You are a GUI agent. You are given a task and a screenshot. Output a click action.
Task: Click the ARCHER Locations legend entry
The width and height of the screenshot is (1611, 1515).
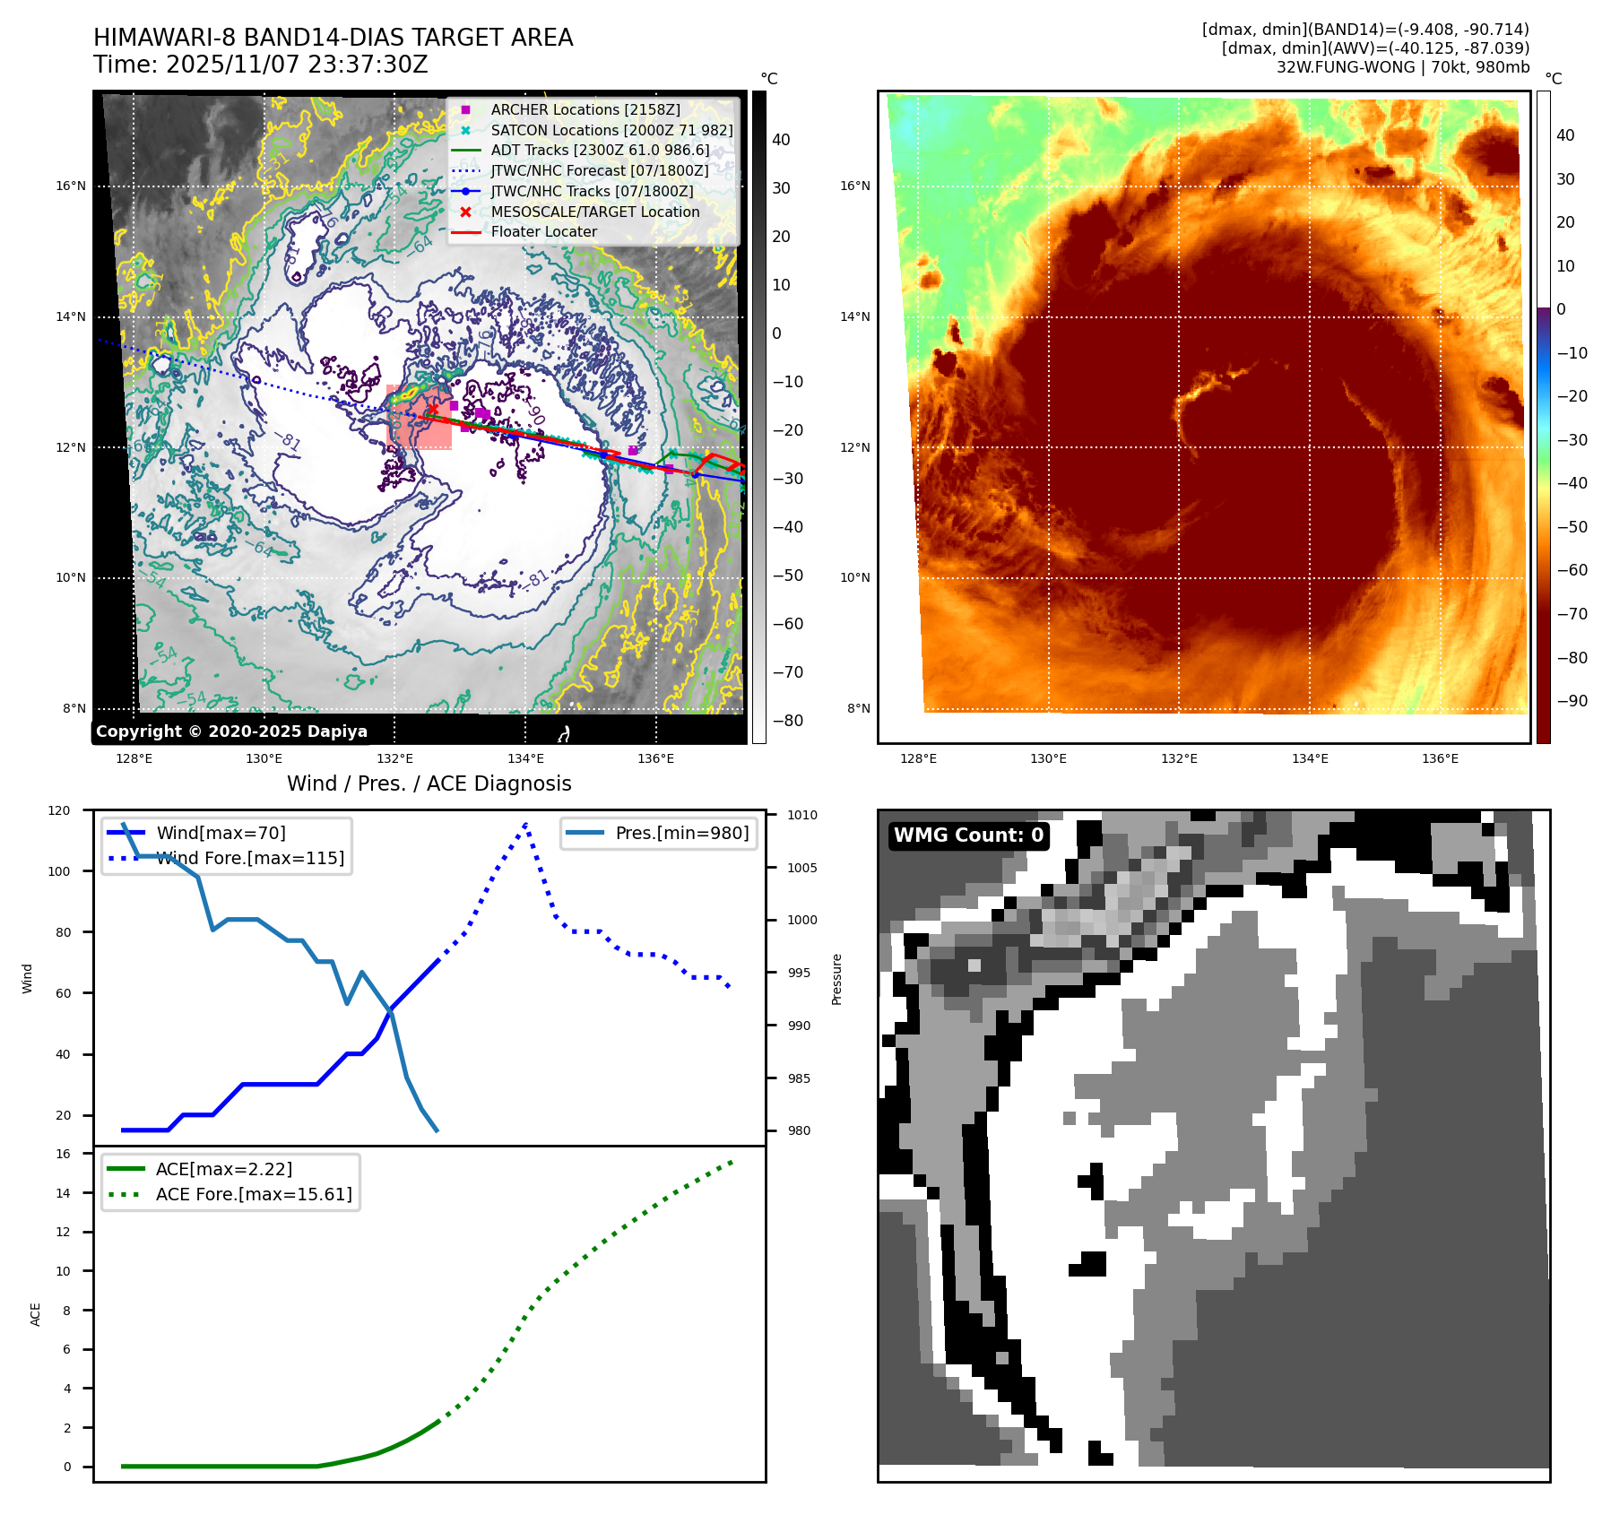click(585, 109)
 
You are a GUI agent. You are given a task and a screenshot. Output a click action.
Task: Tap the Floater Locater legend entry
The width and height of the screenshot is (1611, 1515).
click(543, 231)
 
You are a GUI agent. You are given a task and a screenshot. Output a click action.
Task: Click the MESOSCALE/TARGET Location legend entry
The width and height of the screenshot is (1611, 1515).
click(594, 212)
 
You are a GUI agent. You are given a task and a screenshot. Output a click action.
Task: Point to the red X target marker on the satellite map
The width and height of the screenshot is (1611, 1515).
click(433, 410)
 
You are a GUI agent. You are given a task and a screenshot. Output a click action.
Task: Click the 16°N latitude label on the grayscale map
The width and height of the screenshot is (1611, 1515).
click(71, 186)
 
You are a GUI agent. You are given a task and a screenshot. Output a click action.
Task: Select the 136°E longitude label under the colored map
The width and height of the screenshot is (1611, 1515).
click(1440, 758)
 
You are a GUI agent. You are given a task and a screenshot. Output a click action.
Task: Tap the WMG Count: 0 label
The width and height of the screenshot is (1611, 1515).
click(968, 835)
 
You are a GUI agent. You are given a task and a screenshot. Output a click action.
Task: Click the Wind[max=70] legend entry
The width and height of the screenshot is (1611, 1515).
click(221, 833)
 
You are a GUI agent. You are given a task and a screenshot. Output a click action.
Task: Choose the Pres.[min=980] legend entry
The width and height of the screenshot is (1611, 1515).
click(681, 833)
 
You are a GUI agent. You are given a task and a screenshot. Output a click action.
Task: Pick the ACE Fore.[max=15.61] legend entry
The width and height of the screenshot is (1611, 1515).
click(253, 1194)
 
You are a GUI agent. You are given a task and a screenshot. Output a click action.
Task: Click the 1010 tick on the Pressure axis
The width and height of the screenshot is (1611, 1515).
click(802, 815)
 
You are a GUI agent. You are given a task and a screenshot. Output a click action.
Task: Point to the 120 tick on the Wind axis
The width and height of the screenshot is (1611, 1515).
click(59, 810)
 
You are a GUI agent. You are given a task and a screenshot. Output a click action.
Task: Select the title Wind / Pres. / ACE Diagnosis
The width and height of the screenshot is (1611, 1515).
click(429, 783)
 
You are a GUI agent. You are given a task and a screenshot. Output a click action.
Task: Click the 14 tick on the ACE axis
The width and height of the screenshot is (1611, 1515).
click(64, 1193)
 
